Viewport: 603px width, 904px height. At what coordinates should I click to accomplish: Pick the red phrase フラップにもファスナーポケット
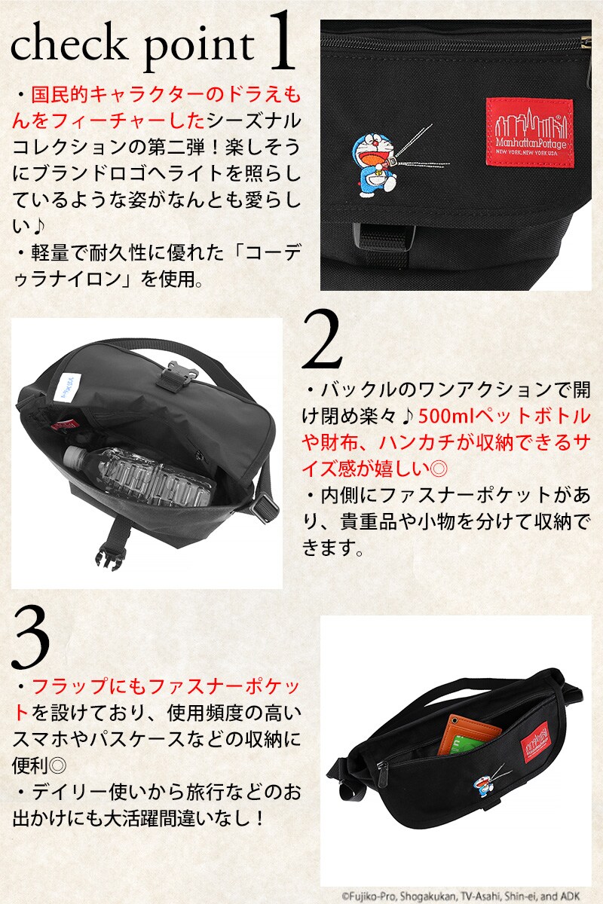(x=158, y=687)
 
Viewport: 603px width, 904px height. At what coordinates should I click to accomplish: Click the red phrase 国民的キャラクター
(x=90, y=96)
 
